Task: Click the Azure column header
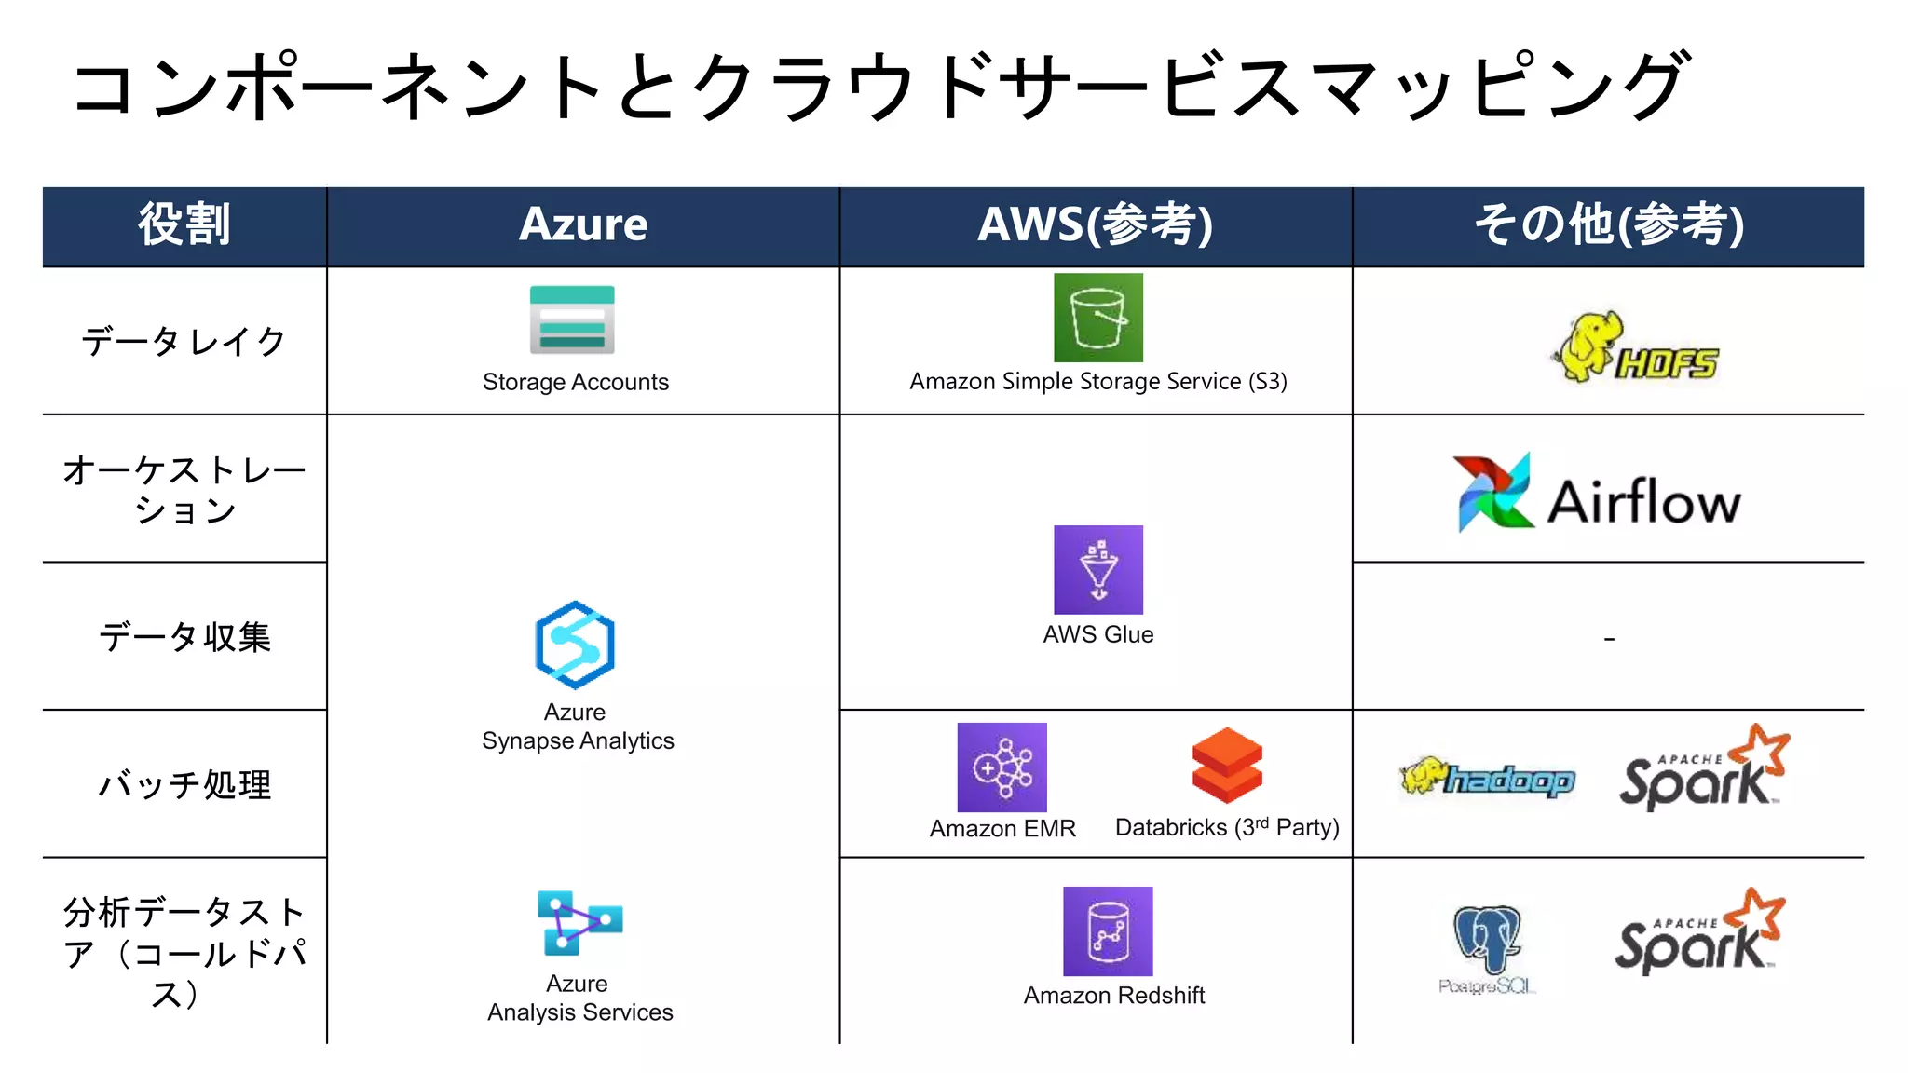click(583, 225)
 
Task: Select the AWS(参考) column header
click(1096, 225)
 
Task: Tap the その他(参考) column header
click(1608, 225)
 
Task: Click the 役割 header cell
click(184, 225)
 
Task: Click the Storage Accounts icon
click(572, 319)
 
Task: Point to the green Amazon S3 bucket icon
click(1097, 318)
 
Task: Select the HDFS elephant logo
click(1635, 348)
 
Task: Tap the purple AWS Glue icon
click(1097, 569)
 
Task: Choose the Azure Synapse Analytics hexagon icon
click(575, 645)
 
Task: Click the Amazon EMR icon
click(1002, 767)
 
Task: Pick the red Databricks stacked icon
click(1227, 765)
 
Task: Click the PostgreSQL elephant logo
click(1487, 946)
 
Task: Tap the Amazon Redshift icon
click(1108, 930)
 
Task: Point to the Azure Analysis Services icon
click(579, 922)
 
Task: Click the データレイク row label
click(184, 342)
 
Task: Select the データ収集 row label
click(184, 638)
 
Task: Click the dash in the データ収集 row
click(1608, 639)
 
